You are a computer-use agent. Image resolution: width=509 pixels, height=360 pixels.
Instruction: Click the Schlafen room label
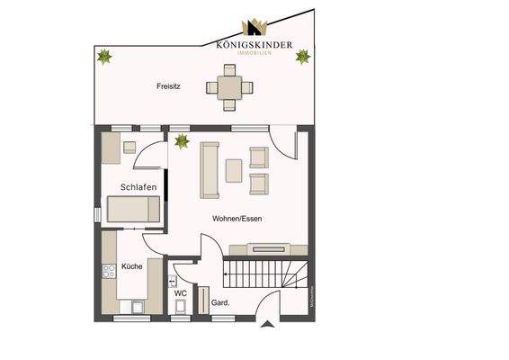[x=139, y=187]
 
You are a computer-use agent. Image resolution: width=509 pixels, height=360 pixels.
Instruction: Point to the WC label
[x=180, y=292]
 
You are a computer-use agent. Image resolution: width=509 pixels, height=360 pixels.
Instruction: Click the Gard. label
[x=220, y=303]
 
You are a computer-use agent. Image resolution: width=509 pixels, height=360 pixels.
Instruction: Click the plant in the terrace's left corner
[x=105, y=57]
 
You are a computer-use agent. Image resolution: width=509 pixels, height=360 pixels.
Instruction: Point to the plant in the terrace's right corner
[x=303, y=56]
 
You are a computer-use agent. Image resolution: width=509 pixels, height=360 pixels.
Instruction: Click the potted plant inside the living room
[x=183, y=140]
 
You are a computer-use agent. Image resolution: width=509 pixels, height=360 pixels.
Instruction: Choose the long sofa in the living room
[x=210, y=169]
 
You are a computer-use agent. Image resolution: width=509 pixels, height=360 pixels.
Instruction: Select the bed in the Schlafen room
[x=134, y=211]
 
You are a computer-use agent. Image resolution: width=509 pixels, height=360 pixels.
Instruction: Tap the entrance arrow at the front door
[x=267, y=326]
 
